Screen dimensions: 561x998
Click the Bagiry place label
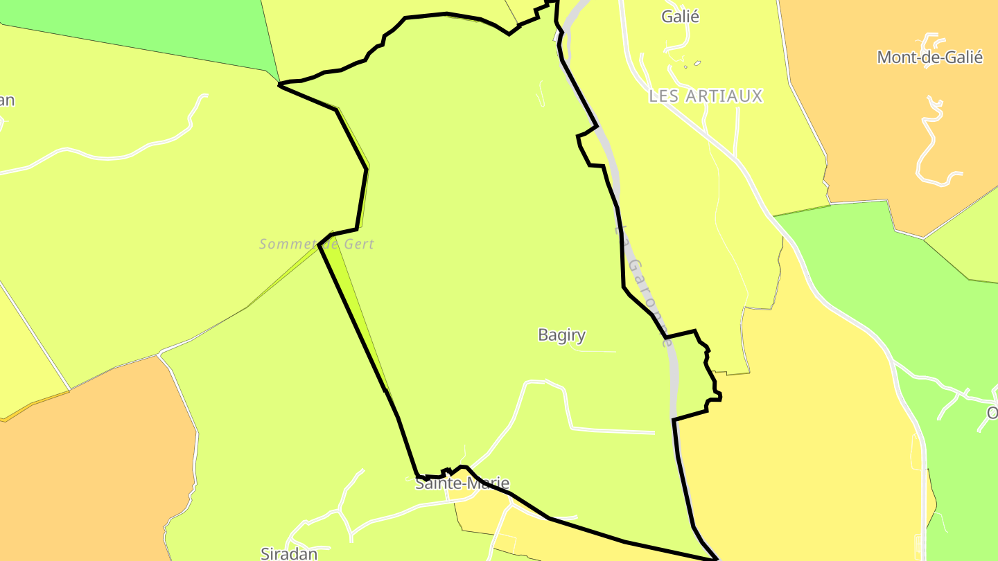pos(561,335)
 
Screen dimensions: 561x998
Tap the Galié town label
pos(680,17)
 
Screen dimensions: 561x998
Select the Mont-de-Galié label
pos(929,57)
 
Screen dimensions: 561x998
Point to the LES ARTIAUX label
pos(706,96)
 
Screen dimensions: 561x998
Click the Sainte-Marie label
pos(462,483)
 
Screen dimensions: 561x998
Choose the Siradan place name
pos(289,553)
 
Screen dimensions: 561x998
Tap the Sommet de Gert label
pos(317,244)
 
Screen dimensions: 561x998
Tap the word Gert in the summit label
pos(360,244)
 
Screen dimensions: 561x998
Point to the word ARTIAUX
pos(724,96)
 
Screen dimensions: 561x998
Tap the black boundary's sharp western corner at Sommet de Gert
pos(319,244)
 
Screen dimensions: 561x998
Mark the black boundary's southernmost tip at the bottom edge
pos(715,558)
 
